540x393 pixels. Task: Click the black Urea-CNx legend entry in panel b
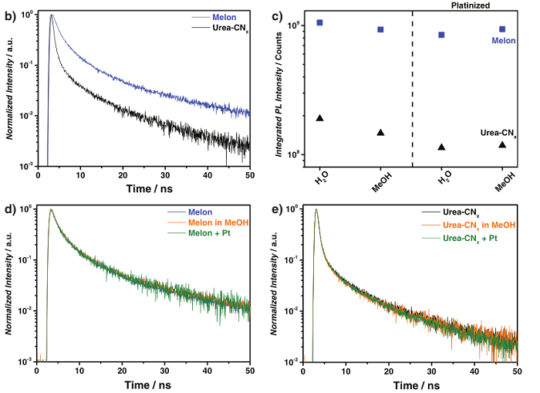219,25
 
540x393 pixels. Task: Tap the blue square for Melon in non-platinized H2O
319,22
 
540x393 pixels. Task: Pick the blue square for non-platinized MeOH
380,29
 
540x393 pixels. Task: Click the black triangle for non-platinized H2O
319,118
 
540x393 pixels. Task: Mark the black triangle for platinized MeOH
502,144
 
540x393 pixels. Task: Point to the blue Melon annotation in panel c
504,41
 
